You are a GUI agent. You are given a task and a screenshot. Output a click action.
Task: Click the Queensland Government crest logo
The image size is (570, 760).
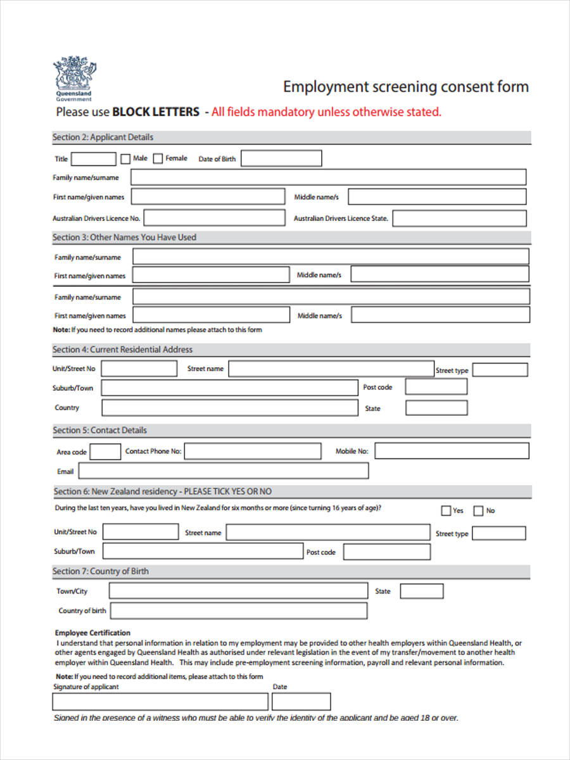(x=75, y=77)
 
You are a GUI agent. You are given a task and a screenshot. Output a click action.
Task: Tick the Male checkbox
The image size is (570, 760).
(x=125, y=159)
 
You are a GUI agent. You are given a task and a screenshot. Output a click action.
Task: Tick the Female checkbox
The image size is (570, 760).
(x=158, y=159)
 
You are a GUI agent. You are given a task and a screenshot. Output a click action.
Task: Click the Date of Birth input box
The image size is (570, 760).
(x=281, y=158)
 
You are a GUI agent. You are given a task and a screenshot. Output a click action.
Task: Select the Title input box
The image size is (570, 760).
(x=94, y=159)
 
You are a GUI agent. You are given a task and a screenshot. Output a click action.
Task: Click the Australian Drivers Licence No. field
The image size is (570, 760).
(x=215, y=218)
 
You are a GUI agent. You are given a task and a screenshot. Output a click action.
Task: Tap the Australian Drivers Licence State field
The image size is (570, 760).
(x=459, y=218)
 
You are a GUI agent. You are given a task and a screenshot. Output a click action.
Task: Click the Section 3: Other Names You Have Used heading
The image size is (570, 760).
(x=124, y=237)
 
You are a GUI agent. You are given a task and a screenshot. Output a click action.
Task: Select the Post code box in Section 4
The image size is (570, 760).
(x=436, y=387)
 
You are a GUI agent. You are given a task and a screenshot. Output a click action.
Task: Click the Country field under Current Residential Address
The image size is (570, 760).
(x=229, y=408)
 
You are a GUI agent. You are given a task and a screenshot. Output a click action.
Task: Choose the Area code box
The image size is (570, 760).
(x=105, y=452)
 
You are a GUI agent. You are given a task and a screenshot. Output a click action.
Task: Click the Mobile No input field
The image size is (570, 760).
(x=452, y=451)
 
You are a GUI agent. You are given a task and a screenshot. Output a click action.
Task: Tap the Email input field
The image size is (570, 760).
(x=223, y=471)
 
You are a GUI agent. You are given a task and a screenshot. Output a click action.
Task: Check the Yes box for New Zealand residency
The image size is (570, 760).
(x=446, y=510)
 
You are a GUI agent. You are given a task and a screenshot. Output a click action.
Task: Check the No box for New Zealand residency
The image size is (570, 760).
(x=478, y=510)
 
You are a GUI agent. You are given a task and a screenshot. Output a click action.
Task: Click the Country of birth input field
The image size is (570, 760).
(x=238, y=611)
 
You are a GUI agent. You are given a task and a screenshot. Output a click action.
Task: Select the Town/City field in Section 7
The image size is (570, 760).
(x=238, y=591)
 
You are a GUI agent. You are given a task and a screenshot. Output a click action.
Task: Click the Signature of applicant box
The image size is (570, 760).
(x=160, y=702)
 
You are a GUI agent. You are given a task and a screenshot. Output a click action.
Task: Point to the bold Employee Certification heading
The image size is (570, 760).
(x=92, y=633)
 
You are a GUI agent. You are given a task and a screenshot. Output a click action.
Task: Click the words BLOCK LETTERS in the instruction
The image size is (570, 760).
(x=155, y=112)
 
